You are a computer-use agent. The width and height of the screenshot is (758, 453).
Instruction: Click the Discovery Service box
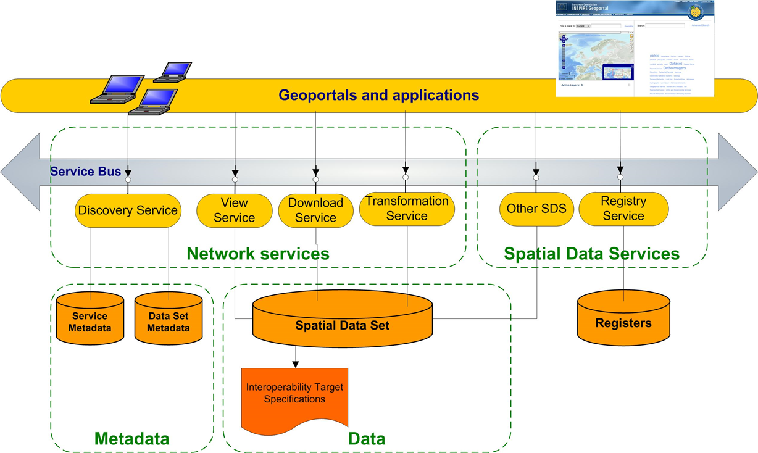128,210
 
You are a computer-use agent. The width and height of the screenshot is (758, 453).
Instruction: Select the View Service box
235,210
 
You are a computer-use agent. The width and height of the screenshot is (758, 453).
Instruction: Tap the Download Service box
315,210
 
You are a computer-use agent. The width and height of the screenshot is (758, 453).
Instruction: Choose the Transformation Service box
407,209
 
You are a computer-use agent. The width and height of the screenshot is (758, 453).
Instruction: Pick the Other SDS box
536,209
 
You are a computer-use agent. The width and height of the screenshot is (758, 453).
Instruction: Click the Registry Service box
623,209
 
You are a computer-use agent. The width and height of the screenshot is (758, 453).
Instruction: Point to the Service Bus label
86,172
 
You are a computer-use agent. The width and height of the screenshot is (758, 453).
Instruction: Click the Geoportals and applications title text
378,95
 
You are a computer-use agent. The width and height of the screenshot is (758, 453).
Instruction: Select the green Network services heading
258,253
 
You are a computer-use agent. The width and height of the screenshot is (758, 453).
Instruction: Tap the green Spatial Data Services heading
591,253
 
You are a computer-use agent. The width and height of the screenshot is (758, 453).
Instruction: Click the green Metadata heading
131,439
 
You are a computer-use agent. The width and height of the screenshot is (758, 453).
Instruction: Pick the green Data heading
367,439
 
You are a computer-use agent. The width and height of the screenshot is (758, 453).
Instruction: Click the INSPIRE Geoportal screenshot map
595,56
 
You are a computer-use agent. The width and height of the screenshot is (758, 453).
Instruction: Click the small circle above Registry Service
620,178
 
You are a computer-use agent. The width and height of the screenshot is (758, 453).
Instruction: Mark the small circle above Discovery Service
128,180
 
